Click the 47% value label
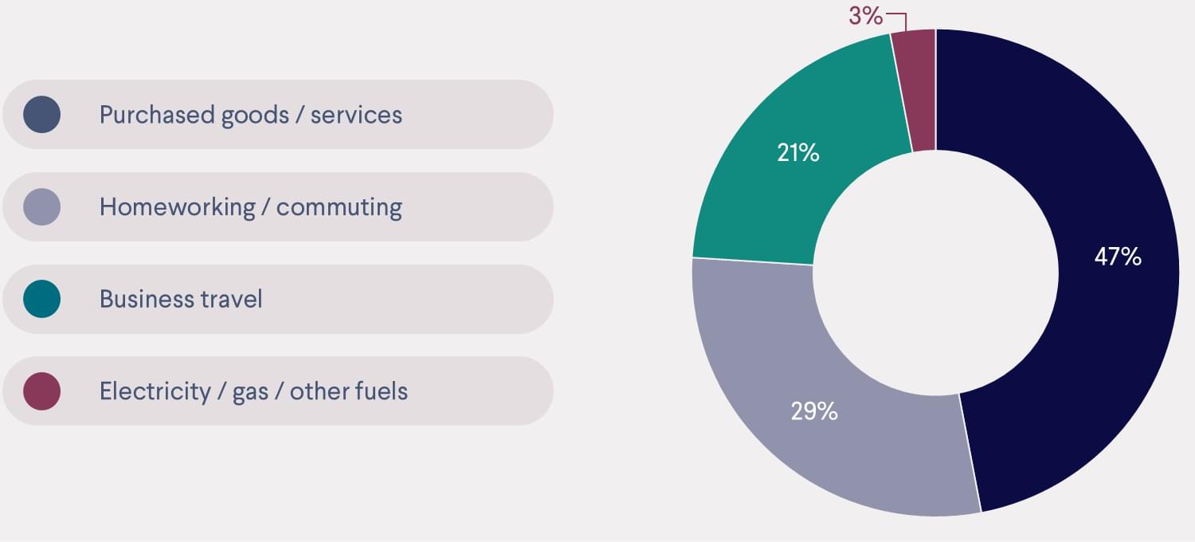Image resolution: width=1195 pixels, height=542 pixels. [1118, 257]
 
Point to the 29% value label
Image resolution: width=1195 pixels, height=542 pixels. [814, 411]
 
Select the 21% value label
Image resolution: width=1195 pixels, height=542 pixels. [798, 152]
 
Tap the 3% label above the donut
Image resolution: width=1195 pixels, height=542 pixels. [866, 15]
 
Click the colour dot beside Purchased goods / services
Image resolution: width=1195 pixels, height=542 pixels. [42, 114]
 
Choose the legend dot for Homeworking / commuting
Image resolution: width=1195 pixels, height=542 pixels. [42, 206]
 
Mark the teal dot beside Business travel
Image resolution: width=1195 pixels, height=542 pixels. [42, 299]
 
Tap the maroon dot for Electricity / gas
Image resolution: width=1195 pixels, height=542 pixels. [42, 391]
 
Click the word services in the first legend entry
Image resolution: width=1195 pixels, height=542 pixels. [356, 115]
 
